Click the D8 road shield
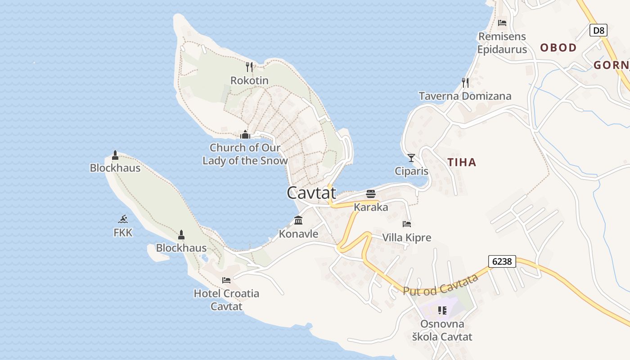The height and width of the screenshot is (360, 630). pyautogui.click(x=598, y=31)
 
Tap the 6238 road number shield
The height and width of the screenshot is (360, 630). pyautogui.click(x=502, y=261)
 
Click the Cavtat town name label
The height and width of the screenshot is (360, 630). pyautogui.click(x=311, y=193)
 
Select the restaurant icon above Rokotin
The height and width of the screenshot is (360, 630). pyautogui.click(x=249, y=67)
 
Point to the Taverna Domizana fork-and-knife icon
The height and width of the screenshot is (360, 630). pyautogui.click(x=465, y=82)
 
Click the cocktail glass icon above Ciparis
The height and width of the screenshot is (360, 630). pyautogui.click(x=411, y=157)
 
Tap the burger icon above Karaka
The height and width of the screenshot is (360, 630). pyautogui.click(x=371, y=194)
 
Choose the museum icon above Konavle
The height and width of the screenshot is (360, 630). pyautogui.click(x=298, y=220)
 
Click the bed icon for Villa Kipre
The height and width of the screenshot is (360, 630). pyautogui.click(x=407, y=224)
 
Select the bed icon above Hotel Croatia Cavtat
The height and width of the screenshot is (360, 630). pyautogui.click(x=226, y=280)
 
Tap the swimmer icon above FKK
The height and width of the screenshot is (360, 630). pyautogui.click(x=123, y=219)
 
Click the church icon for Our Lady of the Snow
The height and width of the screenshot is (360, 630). pyautogui.click(x=245, y=135)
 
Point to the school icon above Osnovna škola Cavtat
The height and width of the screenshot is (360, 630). pyautogui.click(x=442, y=310)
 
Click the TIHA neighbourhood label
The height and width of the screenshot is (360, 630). pyautogui.click(x=462, y=162)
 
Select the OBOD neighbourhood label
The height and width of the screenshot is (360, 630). pyautogui.click(x=558, y=48)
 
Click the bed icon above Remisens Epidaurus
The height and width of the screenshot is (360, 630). pyautogui.click(x=502, y=22)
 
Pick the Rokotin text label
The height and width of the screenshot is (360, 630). pyautogui.click(x=249, y=81)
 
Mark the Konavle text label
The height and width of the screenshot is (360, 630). pyautogui.click(x=298, y=234)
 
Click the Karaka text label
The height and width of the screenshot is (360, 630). pyautogui.click(x=371, y=207)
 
